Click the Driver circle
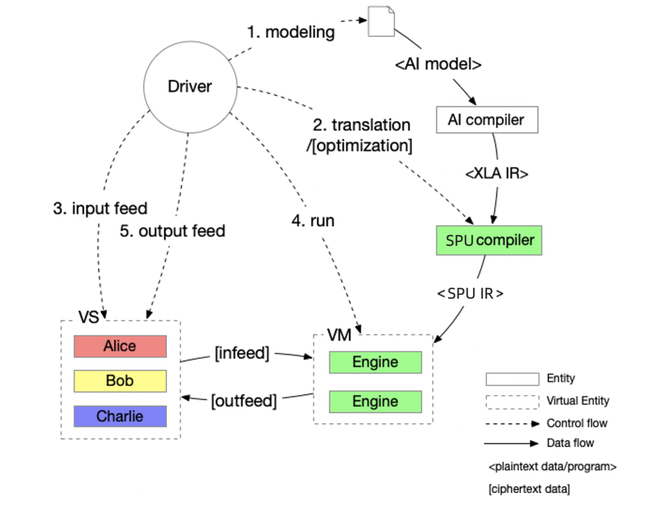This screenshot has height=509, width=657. pyautogui.click(x=190, y=87)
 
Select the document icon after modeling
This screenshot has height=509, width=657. pyautogui.click(x=381, y=22)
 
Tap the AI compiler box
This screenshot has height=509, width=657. pyautogui.click(x=487, y=120)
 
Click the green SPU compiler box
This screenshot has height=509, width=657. pyautogui.click(x=489, y=240)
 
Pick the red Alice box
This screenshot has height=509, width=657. pyautogui.click(x=120, y=346)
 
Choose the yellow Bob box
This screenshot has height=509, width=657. pyautogui.click(x=120, y=381)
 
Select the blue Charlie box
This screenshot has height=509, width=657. pyautogui.click(x=120, y=416)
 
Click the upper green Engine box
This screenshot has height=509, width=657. pyautogui.click(x=375, y=362)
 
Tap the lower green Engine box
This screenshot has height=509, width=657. pyautogui.click(x=375, y=402)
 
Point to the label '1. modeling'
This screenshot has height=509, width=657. pyautogui.click(x=291, y=32)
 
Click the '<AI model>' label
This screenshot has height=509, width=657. pyautogui.click(x=439, y=64)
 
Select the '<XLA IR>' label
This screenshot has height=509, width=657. pyautogui.click(x=497, y=174)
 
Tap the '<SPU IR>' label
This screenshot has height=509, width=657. pyautogui.click(x=470, y=293)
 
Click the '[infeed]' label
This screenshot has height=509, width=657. pyautogui.click(x=242, y=353)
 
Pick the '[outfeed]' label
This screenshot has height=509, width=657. pyautogui.click(x=244, y=401)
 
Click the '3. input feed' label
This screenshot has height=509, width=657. pyautogui.click(x=100, y=209)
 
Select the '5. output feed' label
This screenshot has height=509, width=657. pyautogui.click(x=173, y=231)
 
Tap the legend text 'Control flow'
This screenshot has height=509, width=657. pyautogui.click(x=577, y=423)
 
